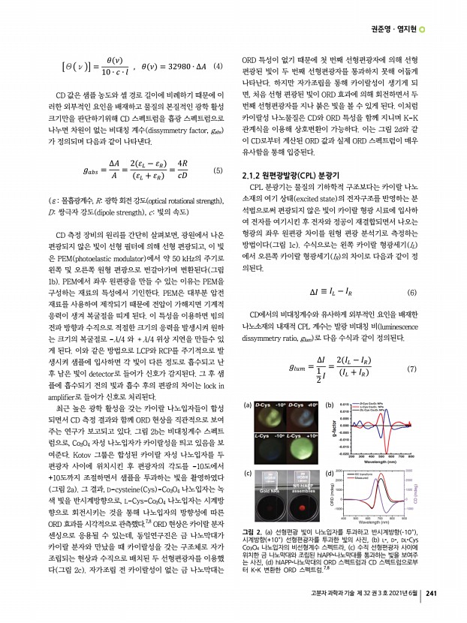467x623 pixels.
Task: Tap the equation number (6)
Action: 411,292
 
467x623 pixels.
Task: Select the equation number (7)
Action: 411,369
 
